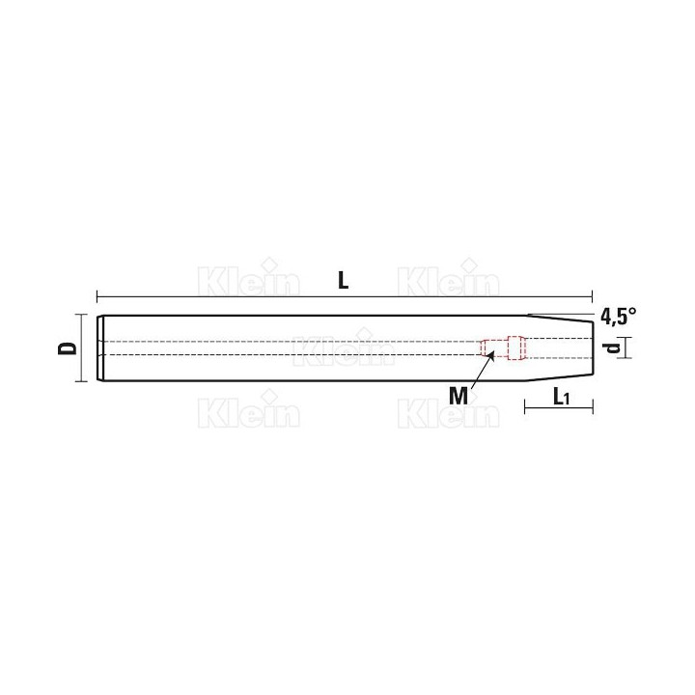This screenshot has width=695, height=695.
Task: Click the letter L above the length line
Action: pos(344,281)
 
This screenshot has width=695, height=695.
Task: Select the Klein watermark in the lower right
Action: pos(449,413)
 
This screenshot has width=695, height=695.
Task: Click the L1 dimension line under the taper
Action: pos(559,409)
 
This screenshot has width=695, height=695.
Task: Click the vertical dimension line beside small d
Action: pos(625,347)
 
